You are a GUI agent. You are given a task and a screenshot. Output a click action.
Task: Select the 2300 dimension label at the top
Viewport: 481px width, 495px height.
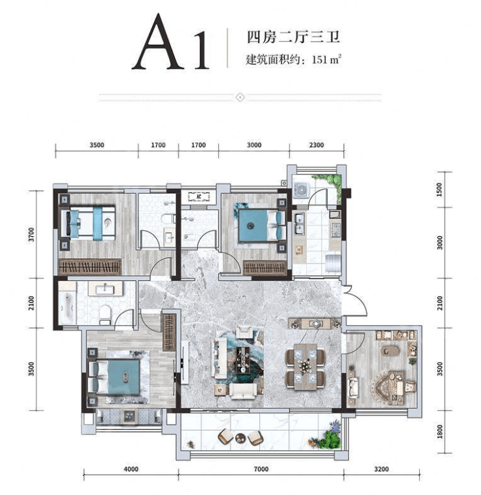(317, 145)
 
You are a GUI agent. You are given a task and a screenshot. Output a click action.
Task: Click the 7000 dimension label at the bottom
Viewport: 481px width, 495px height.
(261, 469)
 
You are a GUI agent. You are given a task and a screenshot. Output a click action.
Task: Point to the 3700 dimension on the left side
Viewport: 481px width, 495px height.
(31, 235)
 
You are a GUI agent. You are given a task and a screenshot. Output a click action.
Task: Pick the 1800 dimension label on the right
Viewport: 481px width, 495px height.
(439, 431)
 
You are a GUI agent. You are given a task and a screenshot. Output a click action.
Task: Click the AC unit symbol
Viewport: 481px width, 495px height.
(199, 196)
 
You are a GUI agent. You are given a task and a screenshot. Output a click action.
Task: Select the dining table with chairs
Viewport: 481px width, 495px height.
(305, 367)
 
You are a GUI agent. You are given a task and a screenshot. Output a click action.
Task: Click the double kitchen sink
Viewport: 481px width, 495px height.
(299, 223)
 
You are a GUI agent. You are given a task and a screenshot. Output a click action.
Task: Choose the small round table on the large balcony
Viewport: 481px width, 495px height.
(240, 438)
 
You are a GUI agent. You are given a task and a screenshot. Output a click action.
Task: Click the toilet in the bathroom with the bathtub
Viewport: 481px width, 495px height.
(105, 314)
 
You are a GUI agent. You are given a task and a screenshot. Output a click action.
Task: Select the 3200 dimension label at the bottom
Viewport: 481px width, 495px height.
(382, 469)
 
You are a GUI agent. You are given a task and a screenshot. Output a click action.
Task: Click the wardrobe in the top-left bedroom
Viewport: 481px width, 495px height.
(90, 267)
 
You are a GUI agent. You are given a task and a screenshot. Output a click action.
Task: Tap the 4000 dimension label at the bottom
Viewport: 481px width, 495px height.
(131, 469)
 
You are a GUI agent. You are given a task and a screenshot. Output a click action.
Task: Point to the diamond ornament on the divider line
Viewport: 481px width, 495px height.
(240, 97)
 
